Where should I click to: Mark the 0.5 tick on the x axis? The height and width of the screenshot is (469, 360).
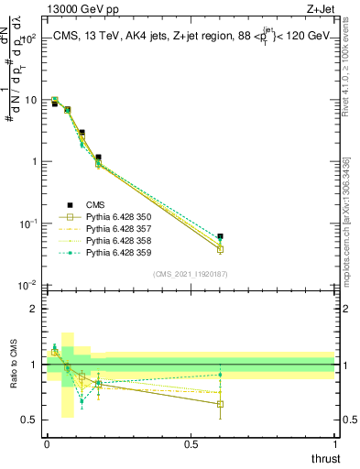[191, 444]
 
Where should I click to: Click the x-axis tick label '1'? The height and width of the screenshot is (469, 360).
[334, 444]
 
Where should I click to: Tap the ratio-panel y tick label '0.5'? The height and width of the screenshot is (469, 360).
[30, 420]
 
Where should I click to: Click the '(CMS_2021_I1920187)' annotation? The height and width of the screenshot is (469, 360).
[191, 274]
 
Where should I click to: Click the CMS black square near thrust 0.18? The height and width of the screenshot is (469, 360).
[99, 158]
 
